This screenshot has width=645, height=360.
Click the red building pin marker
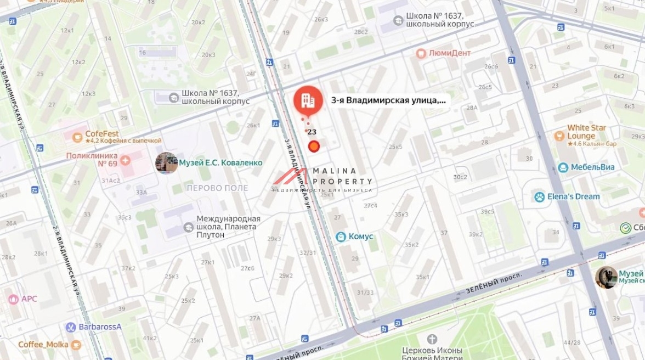pos(308,100)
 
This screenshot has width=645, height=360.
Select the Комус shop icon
pos(341,237)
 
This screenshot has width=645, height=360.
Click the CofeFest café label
pos(102,133)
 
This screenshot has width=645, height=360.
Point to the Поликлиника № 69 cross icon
pos(126,160)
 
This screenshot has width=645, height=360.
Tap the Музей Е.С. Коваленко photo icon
pos(166,163)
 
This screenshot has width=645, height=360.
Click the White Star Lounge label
pos(587,132)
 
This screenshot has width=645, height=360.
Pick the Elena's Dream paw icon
pos(540,196)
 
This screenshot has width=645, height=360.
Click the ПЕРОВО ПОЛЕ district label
pos(217,188)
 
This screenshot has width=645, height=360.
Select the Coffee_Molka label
pos(43,345)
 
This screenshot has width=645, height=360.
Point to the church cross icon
pos(432,339)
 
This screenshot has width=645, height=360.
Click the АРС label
pos(29,299)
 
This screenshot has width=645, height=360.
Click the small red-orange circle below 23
pos(314,146)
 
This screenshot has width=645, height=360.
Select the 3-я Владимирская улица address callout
pos(388,100)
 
